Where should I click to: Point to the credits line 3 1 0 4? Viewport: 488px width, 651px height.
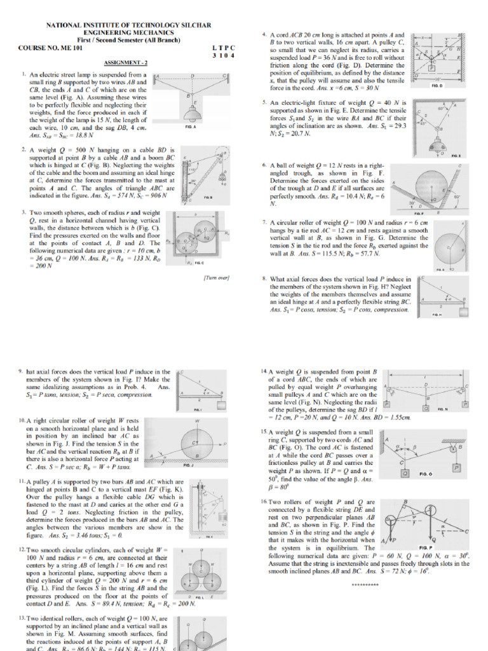click(x=223, y=55)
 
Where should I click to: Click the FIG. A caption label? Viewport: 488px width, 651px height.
click(x=190, y=128)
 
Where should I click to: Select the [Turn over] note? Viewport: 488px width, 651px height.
click(x=216, y=278)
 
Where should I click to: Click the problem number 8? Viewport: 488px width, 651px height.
click(x=263, y=279)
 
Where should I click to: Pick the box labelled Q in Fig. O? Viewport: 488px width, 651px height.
click(x=404, y=473)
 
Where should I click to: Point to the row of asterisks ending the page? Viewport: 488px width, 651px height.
click(x=365, y=584)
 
